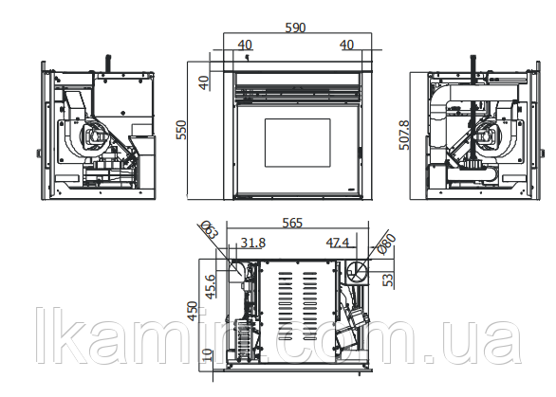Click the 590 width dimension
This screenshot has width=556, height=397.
295,27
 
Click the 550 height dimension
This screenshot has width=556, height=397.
181,130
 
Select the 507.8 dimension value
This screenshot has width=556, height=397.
404,135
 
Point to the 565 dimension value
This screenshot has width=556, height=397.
292,223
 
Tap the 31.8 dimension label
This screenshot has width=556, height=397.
253,243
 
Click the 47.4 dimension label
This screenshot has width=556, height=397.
338,243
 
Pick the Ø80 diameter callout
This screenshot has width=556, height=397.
386,244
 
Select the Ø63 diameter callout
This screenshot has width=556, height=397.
210,230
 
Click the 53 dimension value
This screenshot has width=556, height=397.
389,280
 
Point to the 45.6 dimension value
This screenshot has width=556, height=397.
211,286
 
